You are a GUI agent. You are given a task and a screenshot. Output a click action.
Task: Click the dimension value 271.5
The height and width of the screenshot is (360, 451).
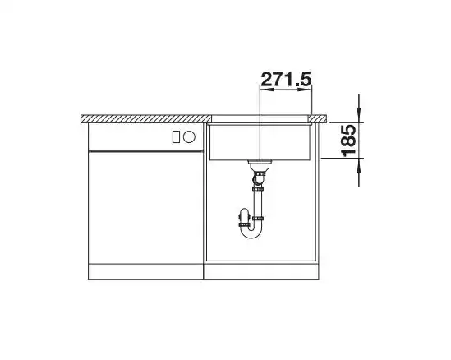(286, 79)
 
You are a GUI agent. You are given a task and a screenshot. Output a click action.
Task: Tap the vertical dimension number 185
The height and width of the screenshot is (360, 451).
(349, 141)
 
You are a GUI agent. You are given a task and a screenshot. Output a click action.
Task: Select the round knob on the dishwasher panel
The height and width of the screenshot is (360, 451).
(189, 137)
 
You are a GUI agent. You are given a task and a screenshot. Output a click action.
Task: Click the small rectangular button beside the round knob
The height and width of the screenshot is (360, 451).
(176, 137)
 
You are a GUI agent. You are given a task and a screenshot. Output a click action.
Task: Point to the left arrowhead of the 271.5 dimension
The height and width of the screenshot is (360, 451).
(267, 90)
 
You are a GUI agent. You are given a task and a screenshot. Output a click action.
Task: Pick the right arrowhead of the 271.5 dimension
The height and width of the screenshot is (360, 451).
(305, 90)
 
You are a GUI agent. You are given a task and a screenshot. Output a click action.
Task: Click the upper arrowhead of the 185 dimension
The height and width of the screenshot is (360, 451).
(359, 115)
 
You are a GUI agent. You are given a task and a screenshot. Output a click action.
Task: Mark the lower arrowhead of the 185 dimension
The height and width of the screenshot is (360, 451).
(359, 165)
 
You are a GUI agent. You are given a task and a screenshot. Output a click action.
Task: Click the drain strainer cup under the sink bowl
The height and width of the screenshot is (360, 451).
(260, 165)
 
